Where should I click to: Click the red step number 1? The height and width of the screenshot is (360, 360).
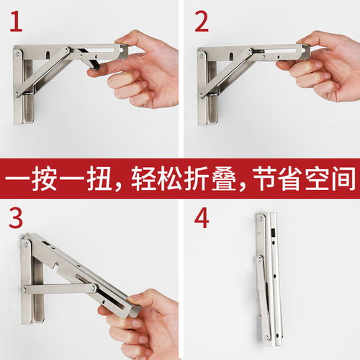pyautogui.click(x=16, y=22)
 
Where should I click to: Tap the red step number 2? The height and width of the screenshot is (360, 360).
pyautogui.click(x=202, y=22)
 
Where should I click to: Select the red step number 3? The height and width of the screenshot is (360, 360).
pyautogui.click(x=16, y=218)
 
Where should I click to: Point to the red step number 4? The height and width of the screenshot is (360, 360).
pyautogui.click(x=202, y=218)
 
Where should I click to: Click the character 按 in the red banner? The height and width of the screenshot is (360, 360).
pyautogui.click(x=45, y=179)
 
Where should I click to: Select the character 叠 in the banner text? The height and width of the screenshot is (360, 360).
pyautogui.click(x=224, y=179)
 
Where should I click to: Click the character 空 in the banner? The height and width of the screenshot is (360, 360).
pyautogui.click(x=318, y=179)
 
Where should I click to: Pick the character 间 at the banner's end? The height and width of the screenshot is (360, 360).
pyautogui.click(x=343, y=179)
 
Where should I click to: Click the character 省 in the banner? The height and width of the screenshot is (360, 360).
pyautogui.click(x=292, y=179)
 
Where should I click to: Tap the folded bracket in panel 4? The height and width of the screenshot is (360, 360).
pyautogui.click(x=269, y=279)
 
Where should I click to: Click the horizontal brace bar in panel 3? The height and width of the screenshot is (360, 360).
pyautogui.click(x=60, y=288)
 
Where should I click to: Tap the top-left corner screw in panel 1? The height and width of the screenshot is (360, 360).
pyautogui.click(x=17, y=54)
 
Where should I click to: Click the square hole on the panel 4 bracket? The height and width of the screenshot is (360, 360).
pyautogui.click(x=274, y=233)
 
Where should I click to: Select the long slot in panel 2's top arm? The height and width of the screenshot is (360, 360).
pyautogui.click(x=280, y=51)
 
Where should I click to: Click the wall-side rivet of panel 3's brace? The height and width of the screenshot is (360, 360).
pyautogui.click(x=24, y=290)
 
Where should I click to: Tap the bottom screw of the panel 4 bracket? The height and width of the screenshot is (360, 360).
pyautogui.click(x=266, y=338)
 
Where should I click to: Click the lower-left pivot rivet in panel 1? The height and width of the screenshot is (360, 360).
pyautogui.click(x=17, y=94)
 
